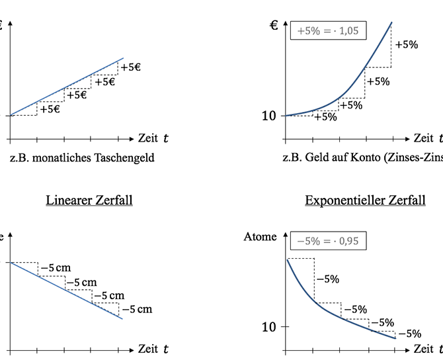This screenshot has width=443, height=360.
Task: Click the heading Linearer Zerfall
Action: point(89,200)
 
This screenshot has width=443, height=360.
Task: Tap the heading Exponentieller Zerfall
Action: point(365,200)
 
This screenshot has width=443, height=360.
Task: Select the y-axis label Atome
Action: point(260,236)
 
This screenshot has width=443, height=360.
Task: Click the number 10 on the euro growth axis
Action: point(269,116)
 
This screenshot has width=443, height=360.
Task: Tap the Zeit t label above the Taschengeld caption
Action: point(153,138)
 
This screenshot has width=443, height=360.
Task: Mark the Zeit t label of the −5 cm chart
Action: point(153,348)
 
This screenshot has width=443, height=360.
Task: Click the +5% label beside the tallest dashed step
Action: point(406,45)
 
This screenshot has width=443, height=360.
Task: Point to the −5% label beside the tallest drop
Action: point(327,279)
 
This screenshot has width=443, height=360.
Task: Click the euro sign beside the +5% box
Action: point(274,26)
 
